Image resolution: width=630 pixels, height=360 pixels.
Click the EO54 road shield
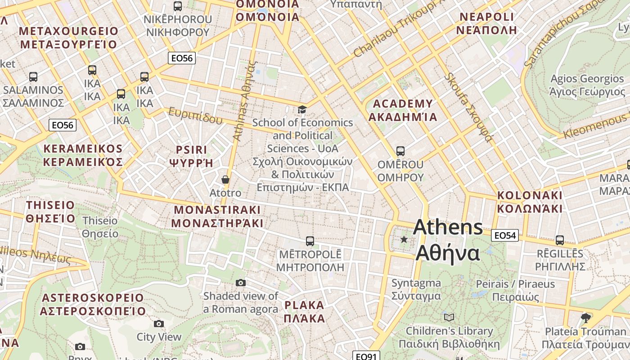coord(505,235)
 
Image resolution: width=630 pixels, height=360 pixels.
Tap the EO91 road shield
coord(366,356)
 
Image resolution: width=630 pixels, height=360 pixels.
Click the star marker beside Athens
coord(404,239)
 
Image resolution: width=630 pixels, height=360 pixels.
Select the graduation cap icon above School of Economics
coord(302,110)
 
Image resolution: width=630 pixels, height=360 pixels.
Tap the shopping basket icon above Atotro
coord(225,180)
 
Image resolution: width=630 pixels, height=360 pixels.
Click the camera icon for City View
coord(158,324)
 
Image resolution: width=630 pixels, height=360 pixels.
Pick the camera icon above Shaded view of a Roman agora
coord(241,283)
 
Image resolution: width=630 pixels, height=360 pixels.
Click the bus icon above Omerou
coord(400,151)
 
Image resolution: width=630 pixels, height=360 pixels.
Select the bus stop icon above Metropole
coord(310,241)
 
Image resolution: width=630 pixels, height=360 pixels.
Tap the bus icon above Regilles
coord(560,240)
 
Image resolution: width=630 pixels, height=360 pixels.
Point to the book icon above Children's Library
coord(449,317)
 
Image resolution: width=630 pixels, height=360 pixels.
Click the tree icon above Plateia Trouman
coord(585,318)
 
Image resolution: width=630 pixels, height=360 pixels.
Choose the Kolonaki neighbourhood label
coord(530,202)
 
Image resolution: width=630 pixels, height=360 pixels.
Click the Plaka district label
coord(304,312)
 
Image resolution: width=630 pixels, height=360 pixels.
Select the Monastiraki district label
coord(217,216)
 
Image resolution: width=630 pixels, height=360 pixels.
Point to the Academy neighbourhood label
coord(403,110)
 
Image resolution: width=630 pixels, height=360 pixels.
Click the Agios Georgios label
coord(587,85)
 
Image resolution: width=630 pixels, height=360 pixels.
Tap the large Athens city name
coord(448,240)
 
